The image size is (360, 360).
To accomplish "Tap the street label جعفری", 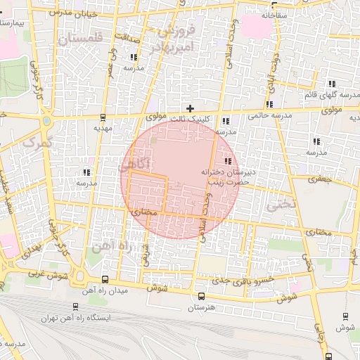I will (x=320, y=179).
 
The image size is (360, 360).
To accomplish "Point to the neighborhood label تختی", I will (x=279, y=205).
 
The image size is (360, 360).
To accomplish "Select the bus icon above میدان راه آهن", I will (x=105, y=279).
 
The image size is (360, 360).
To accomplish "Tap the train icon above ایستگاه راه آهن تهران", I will (x=75, y=307).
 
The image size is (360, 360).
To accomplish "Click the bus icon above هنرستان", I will (x=202, y=296).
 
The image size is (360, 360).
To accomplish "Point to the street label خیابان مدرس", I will (x=63, y=13).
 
